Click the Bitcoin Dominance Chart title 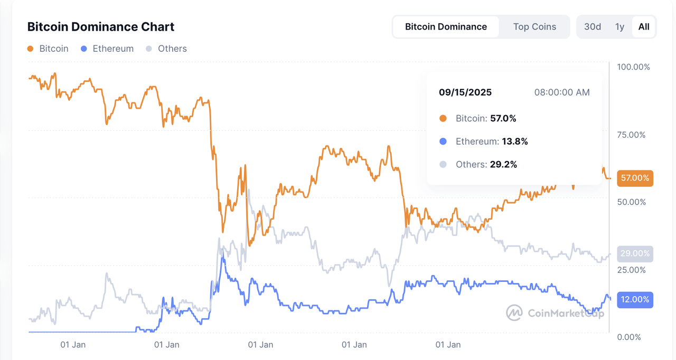101,26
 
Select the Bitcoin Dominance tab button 446,27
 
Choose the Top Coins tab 534,27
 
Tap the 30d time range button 592,27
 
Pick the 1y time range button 620,27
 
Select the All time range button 644,27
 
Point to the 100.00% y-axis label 634,67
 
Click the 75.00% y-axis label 632,135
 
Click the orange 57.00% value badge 635,178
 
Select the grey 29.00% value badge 635,253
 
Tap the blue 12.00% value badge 635,299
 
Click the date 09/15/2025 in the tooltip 465,92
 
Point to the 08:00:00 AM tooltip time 562,92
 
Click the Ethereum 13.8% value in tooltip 515,141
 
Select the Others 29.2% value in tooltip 504,165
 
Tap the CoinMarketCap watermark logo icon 514,312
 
